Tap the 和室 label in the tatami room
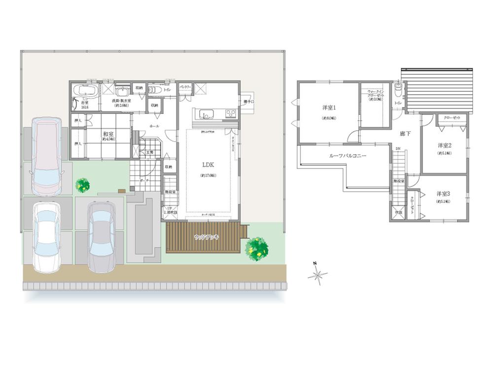click(108, 133)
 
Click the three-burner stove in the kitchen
click(231, 113)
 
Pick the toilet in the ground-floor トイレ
click(153, 91)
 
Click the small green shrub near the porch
click(83, 186)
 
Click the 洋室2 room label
click(444, 146)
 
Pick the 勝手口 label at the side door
click(248, 102)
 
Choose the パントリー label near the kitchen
click(185, 86)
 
